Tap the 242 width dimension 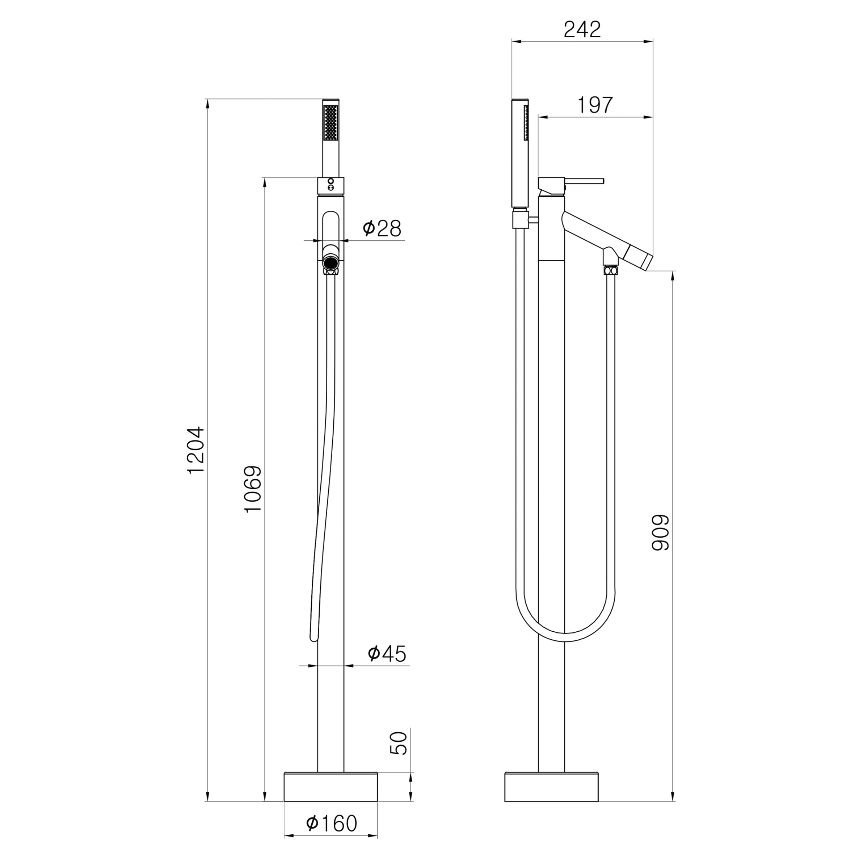tap(582, 30)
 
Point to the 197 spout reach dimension tap(595, 105)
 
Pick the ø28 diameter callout tap(382, 228)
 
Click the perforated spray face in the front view tap(331, 122)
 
